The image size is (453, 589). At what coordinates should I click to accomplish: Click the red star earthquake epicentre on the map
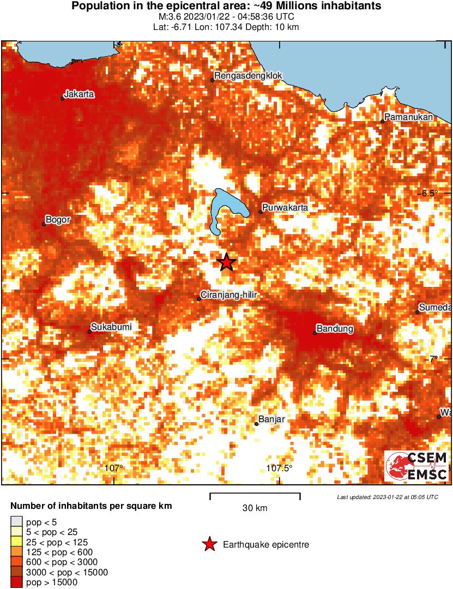click(x=226, y=262)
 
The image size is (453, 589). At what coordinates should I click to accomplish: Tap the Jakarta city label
click(x=79, y=94)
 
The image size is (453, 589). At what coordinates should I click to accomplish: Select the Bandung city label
click(x=335, y=329)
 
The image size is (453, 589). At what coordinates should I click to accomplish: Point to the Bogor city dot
click(x=44, y=224)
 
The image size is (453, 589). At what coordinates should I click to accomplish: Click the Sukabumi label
click(x=111, y=327)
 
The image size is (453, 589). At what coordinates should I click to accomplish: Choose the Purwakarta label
click(x=285, y=208)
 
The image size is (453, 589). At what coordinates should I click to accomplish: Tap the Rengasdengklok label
click(x=248, y=75)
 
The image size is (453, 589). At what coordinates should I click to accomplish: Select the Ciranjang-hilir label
click(x=228, y=295)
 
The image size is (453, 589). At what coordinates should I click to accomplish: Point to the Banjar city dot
click(x=256, y=424)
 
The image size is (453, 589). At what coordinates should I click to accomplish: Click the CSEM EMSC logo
click(x=417, y=466)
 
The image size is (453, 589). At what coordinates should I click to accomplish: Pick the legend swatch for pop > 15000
click(x=17, y=582)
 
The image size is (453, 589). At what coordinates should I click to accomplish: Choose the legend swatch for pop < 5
click(x=17, y=522)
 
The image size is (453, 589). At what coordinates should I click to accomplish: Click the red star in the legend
click(x=209, y=544)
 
